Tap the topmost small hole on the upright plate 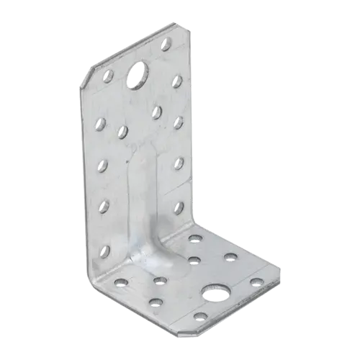pos(166,45)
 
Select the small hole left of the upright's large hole pos(108,75)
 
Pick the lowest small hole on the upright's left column pos(106,251)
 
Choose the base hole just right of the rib pos(194,261)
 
